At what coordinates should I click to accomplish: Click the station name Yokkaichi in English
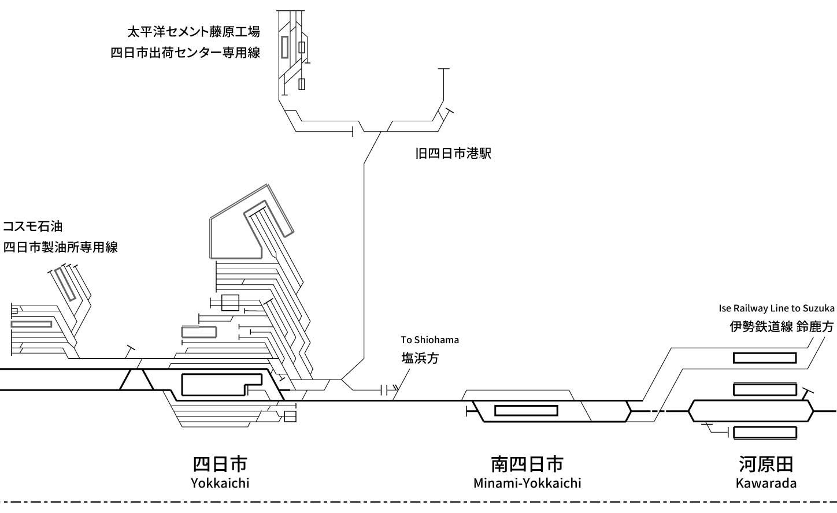[x=220, y=483]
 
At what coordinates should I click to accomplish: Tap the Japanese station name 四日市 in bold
[x=220, y=464]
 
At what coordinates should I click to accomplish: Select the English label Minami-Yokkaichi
[x=527, y=483]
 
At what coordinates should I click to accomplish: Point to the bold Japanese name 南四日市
[x=527, y=464]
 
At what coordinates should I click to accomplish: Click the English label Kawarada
[x=766, y=483]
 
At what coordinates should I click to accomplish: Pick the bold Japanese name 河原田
[x=766, y=464]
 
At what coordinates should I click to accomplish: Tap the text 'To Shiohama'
[x=429, y=340]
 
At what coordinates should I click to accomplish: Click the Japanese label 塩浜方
[x=420, y=358]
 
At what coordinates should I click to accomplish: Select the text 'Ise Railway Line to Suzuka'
[x=776, y=308]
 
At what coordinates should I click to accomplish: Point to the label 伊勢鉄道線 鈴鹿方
[x=782, y=327]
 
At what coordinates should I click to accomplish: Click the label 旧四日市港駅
[x=453, y=154]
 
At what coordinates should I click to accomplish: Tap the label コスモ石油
[x=33, y=226]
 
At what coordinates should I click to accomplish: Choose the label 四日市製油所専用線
[x=61, y=247]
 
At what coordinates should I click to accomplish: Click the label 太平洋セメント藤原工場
[x=194, y=32]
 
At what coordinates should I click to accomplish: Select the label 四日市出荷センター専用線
[x=186, y=53]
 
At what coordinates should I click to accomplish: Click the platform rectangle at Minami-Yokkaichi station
[x=526, y=406]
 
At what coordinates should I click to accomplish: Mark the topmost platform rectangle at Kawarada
[x=765, y=353]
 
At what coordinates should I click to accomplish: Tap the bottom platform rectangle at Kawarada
[x=765, y=428]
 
